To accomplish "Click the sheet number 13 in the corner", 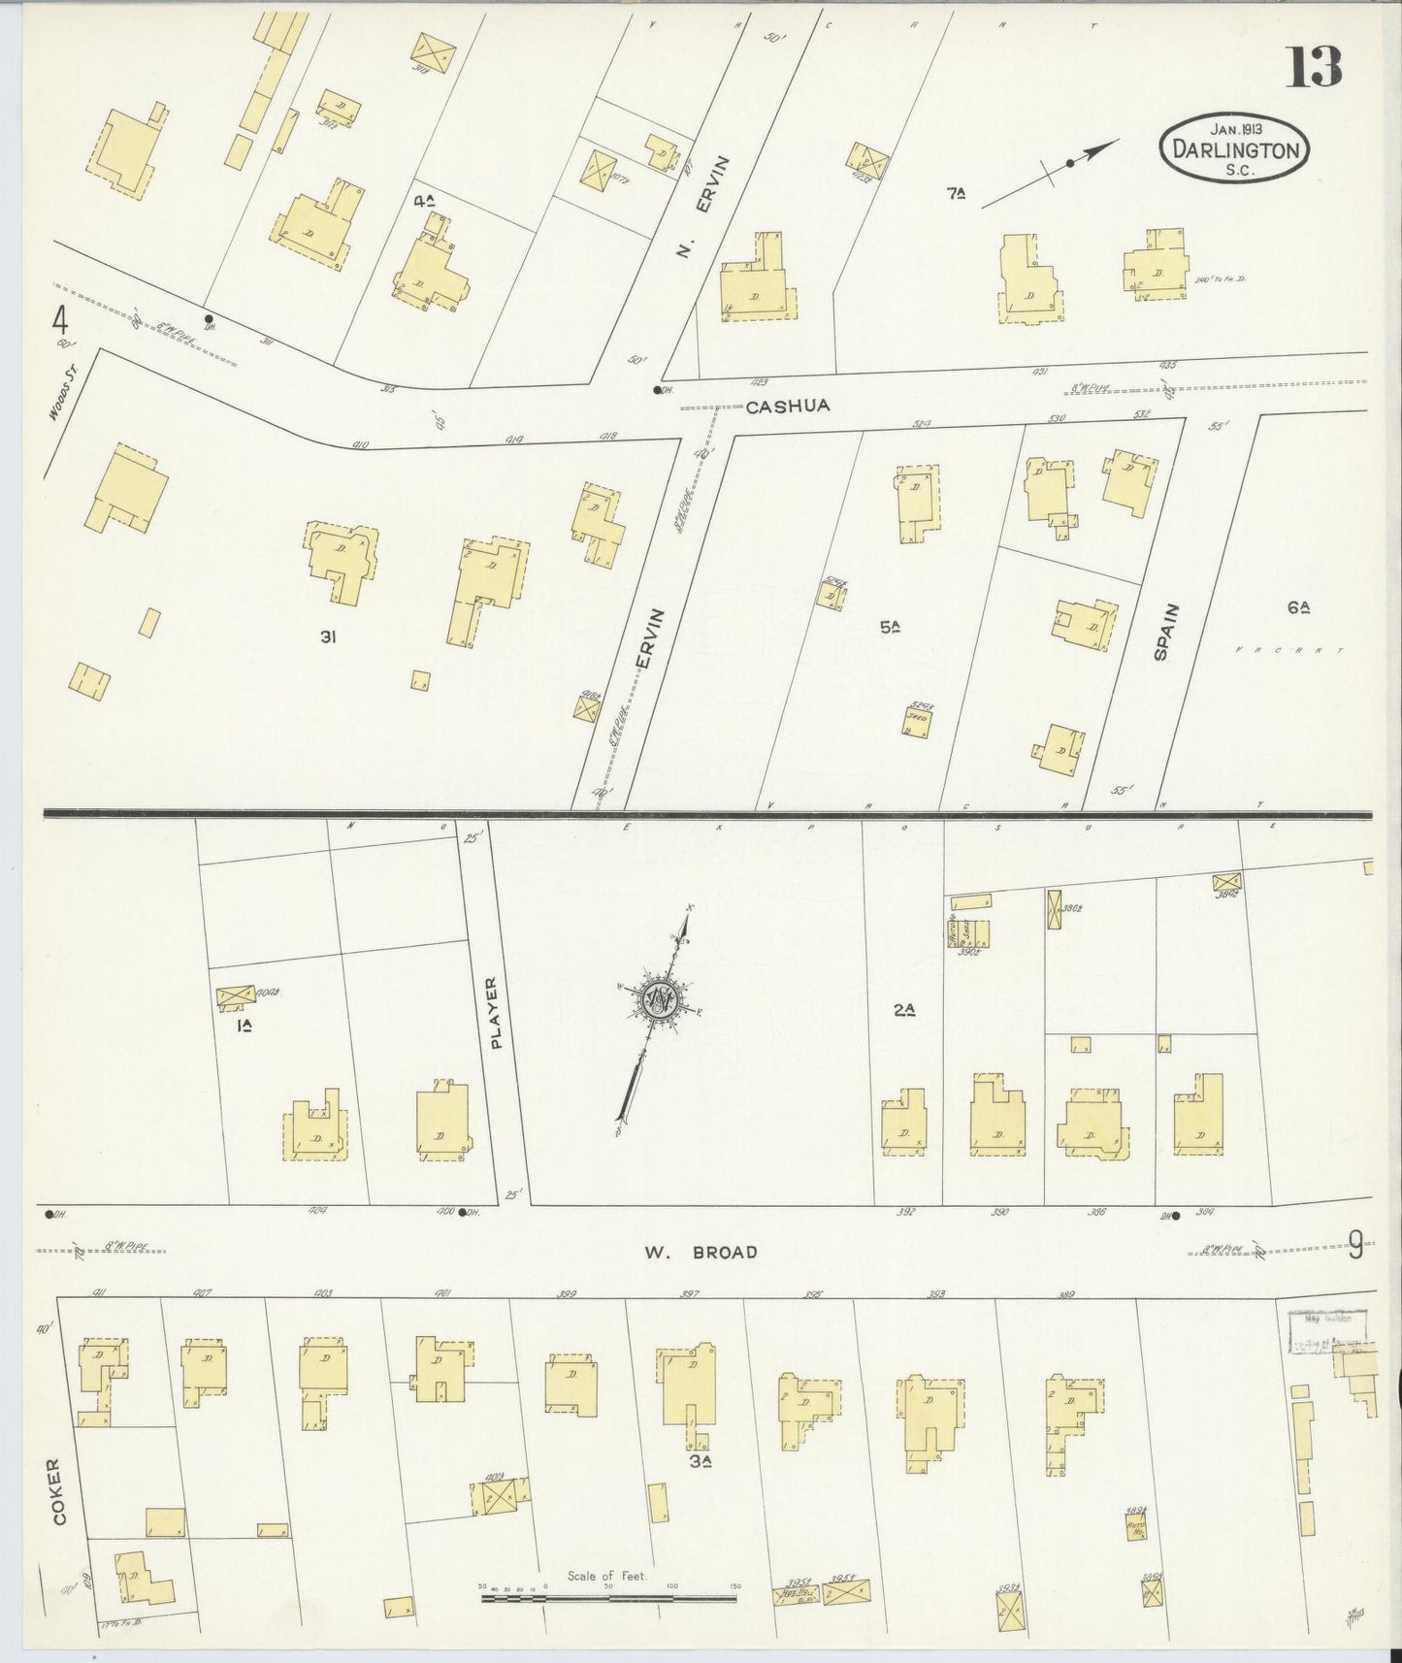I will coord(1315,67).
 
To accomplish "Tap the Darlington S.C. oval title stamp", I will coord(1234,148).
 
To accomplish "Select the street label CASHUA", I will coord(788,407).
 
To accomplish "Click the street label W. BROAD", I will coord(701,1253).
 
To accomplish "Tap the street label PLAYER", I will coord(498,1013).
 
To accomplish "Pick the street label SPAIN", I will coord(1165,633).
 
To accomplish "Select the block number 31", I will coord(329,636).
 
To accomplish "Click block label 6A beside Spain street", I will coord(1299,608).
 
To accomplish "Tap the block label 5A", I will coord(890,628).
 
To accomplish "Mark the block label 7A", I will coord(957,194).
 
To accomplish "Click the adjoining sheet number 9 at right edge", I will coord(1355,1245).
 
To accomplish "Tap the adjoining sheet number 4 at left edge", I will coord(61,319).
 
